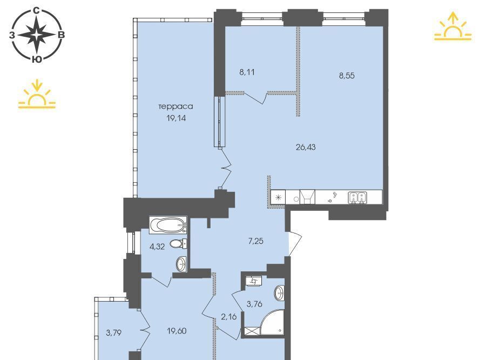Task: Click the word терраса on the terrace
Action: click(x=175, y=106)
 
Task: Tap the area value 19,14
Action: click(x=176, y=118)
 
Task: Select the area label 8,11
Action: click(x=247, y=72)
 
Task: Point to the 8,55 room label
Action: click(x=347, y=76)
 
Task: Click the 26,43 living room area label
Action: click(x=306, y=147)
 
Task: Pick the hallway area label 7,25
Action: click(x=256, y=241)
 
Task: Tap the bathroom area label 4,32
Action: click(x=157, y=247)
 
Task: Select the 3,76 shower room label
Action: click(x=254, y=304)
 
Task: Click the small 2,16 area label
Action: click(x=229, y=317)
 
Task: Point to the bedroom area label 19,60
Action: click(x=177, y=331)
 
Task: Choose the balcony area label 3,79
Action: click(x=114, y=333)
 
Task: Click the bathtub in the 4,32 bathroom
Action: click(x=168, y=225)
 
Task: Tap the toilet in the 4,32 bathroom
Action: click(x=178, y=244)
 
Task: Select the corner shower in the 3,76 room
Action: click(x=272, y=323)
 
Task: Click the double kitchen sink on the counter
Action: click(x=357, y=197)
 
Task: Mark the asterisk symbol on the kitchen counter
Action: click(x=278, y=197)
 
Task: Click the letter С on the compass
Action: click(x=37, y=11)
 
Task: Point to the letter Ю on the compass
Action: click(x=37, y=59)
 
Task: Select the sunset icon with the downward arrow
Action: click(x=37, y=94)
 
